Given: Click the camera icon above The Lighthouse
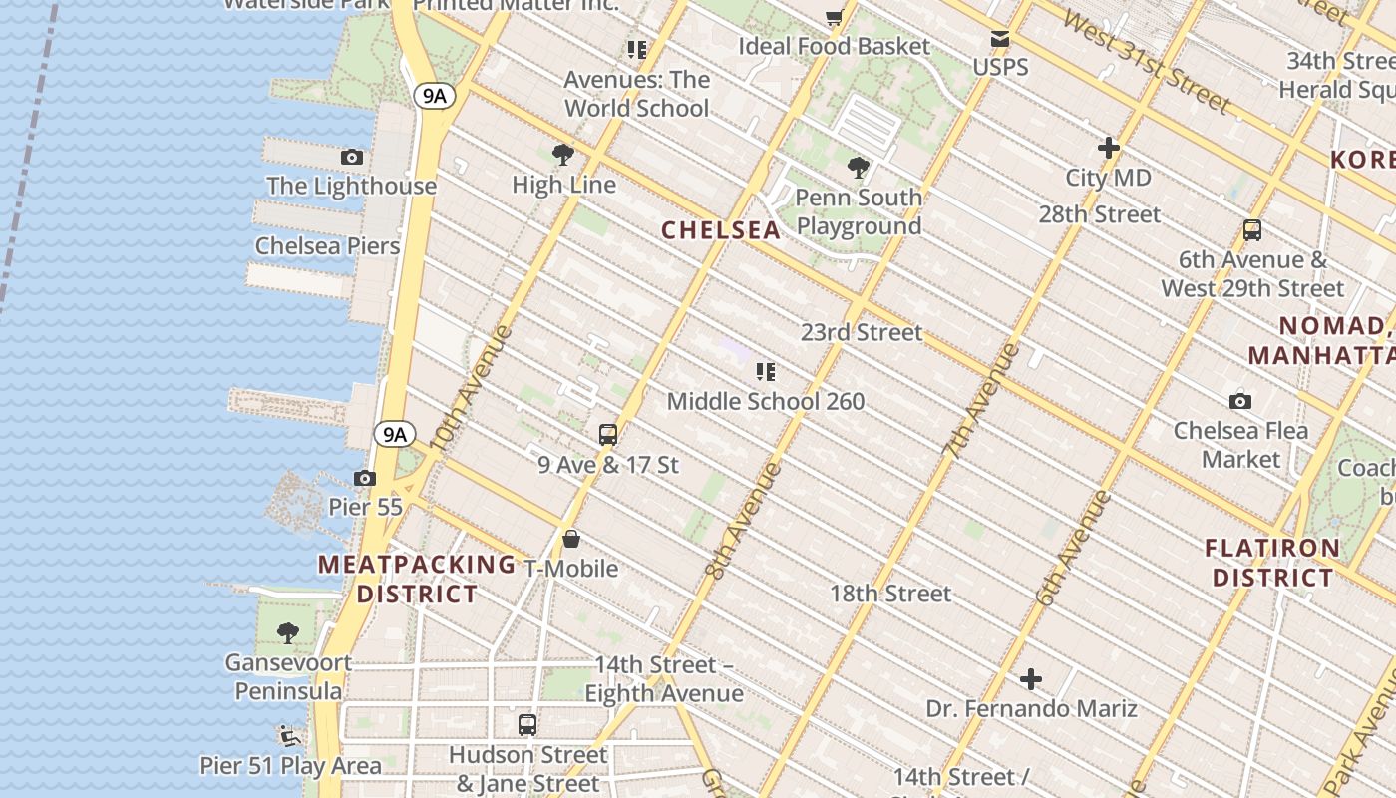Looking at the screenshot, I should point(352,157).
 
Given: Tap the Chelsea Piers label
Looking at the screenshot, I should point(327,246).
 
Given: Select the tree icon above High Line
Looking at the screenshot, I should point(563,155).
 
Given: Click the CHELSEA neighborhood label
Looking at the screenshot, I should point(721,230).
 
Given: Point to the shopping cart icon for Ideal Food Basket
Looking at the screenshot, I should point(834,17).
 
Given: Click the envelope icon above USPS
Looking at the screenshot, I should point(1000,39).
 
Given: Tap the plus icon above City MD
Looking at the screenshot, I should point(1108,148).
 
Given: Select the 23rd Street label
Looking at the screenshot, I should point(862,332).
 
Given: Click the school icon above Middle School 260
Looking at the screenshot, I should point(765,372).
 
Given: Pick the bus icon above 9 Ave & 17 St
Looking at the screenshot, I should point(608,435).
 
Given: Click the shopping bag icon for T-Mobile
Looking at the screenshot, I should point(571,540).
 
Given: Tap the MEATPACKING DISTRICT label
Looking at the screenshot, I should point(417,579).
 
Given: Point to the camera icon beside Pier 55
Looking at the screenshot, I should point(365,478).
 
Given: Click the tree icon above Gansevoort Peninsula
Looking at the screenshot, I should point(288,632).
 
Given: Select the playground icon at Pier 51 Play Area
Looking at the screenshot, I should point(290,736).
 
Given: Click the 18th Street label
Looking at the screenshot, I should point(890,594).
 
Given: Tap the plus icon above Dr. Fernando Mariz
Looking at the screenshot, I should point(1031,680).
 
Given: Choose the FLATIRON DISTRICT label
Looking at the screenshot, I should point(1272,563).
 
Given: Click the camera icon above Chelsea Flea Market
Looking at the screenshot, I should point(1240,401).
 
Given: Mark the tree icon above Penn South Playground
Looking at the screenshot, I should point(858,168).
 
